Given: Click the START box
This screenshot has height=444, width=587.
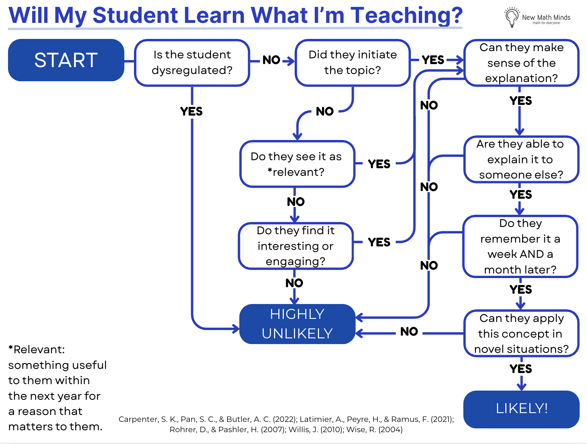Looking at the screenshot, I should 66,60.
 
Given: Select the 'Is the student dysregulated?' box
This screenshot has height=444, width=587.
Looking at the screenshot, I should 192,63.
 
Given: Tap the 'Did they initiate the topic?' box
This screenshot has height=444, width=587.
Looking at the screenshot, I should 353,63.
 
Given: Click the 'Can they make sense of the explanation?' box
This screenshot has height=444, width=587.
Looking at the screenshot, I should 521,63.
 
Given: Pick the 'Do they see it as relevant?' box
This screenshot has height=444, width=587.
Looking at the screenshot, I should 297,164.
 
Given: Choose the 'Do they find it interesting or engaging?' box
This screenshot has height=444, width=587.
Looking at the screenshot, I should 296,246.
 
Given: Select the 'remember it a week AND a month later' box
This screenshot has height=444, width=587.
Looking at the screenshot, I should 520,246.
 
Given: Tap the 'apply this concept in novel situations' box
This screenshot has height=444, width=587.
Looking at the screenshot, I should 521,334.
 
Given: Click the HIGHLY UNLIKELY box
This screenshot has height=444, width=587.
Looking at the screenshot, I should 297,324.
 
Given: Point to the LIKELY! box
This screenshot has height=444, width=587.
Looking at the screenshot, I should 521,409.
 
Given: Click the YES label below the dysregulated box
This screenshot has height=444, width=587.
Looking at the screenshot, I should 192,111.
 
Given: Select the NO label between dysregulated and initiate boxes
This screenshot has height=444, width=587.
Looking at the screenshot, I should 272,60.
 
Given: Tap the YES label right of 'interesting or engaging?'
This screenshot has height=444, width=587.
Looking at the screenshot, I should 379,242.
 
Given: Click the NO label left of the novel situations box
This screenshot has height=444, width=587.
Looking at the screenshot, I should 409,331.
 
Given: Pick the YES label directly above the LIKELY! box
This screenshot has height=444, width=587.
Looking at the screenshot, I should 521,369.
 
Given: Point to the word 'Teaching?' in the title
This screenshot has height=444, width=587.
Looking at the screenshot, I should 406,15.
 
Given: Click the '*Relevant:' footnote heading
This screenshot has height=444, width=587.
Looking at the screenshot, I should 37,349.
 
